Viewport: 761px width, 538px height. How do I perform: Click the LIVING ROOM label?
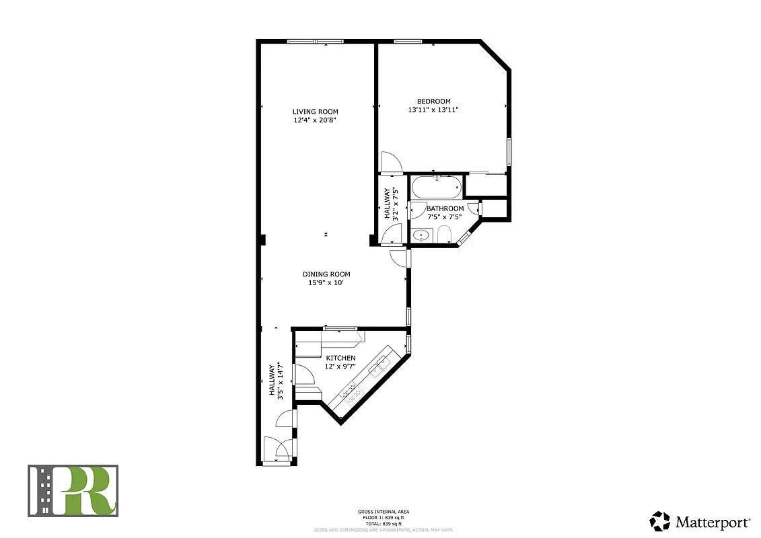pyautogui.click(x=315, y=112)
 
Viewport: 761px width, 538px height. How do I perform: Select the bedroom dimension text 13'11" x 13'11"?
pyautogui.click(x=433, y=110)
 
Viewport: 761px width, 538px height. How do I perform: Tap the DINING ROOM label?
pyautogui.click(x=326, y=274)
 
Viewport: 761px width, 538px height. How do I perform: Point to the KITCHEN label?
pyautogui.click(x=340, y=358)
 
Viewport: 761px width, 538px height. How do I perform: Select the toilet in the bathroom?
pyautogui.click(x=443, y=235)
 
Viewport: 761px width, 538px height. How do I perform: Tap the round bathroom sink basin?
pyautogui.click(x=421, y=235)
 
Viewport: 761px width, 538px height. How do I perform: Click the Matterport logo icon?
pyautogui.click(x=660, y=521)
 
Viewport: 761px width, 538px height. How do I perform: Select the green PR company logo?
pyautogui.click(x=73, y=491)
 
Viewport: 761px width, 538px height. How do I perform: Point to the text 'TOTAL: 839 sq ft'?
pyautogui.click(x=384, y=523)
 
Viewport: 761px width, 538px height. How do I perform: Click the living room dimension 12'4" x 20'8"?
pyautogui.click(x=315, y=120)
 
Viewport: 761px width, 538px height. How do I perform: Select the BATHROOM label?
pyautogui.click(x=445, y=208)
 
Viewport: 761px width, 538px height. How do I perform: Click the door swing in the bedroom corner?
pyautogui.click(x=390, y=162)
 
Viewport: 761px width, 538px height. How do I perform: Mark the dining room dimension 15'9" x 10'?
pyautogui.click(x=326, y=282)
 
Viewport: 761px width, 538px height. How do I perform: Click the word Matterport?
pyautogui.click(x=713, y=522)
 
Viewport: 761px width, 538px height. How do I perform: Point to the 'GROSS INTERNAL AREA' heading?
pyautogui.click(x=384, y=512)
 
